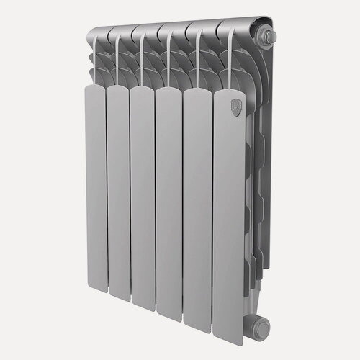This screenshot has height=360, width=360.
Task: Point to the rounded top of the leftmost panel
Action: coord(93,88)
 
